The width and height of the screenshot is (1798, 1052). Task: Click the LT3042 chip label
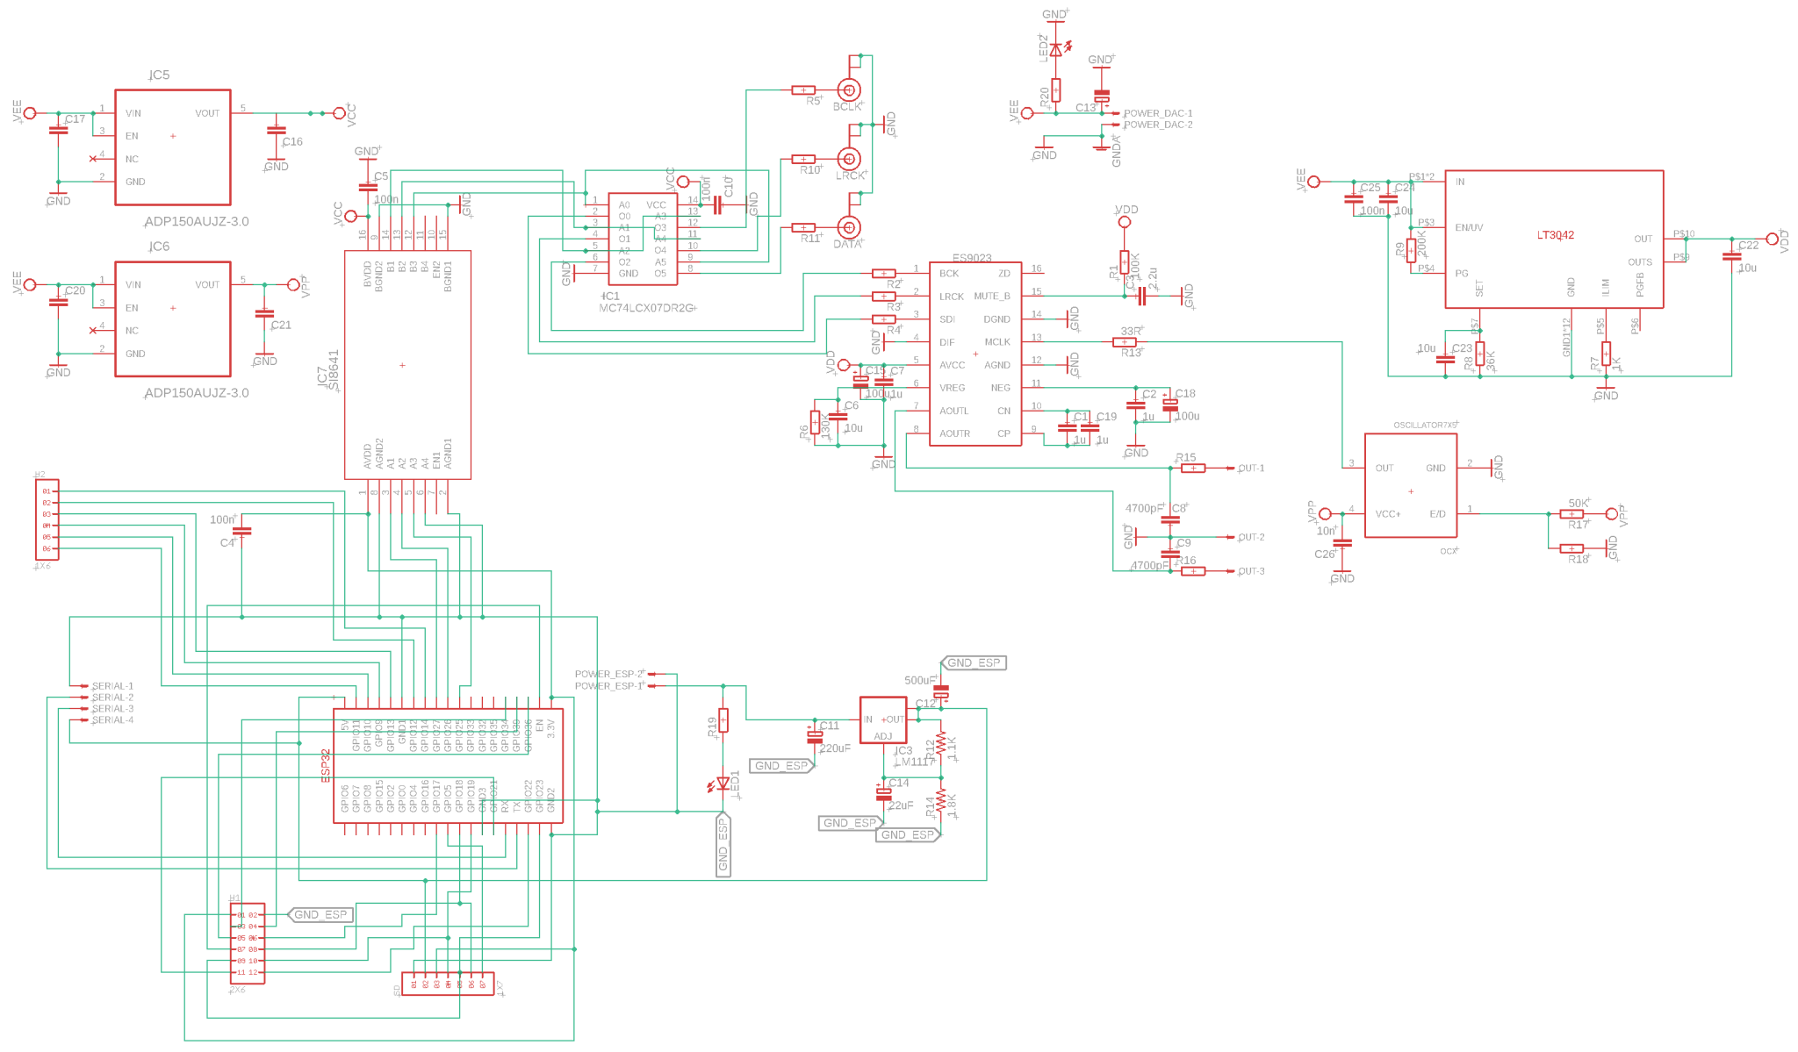click(x=1555, y=235)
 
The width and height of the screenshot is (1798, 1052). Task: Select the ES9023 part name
click(x=972, y=258)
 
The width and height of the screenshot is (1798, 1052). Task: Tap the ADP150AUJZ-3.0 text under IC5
click(x=197, y=221)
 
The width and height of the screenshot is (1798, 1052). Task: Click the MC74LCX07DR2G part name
click(x=647, y=308)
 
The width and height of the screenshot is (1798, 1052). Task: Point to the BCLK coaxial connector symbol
click(x=849, y=89)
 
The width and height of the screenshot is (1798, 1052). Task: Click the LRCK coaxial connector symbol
click(x=849, y=159)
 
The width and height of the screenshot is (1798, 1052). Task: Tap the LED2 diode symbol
click(x=1055, y=50)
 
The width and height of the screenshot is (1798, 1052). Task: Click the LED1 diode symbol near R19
click(x=723, y=783)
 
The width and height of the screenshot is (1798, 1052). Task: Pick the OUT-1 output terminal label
click(x=1251, y=469)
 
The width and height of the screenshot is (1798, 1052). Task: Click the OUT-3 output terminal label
click(x=1251, y=571)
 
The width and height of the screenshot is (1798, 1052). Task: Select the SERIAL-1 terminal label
click(x=112, y=686)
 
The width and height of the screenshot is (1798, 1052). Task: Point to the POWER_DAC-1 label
click(x=1158, y=113)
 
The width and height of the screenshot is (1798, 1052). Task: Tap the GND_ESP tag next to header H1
click(x=320, y=914)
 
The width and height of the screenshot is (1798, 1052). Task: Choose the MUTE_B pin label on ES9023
click(x=992, y=297)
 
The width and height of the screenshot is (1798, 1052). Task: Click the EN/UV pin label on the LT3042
click(x=1469, y=227)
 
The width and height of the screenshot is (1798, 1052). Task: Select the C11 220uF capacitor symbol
click(x=815, y=735)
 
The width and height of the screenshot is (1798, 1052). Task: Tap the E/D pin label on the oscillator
click(x=1437, y=514)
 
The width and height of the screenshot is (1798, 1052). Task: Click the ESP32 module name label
click(x=326, y=765)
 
